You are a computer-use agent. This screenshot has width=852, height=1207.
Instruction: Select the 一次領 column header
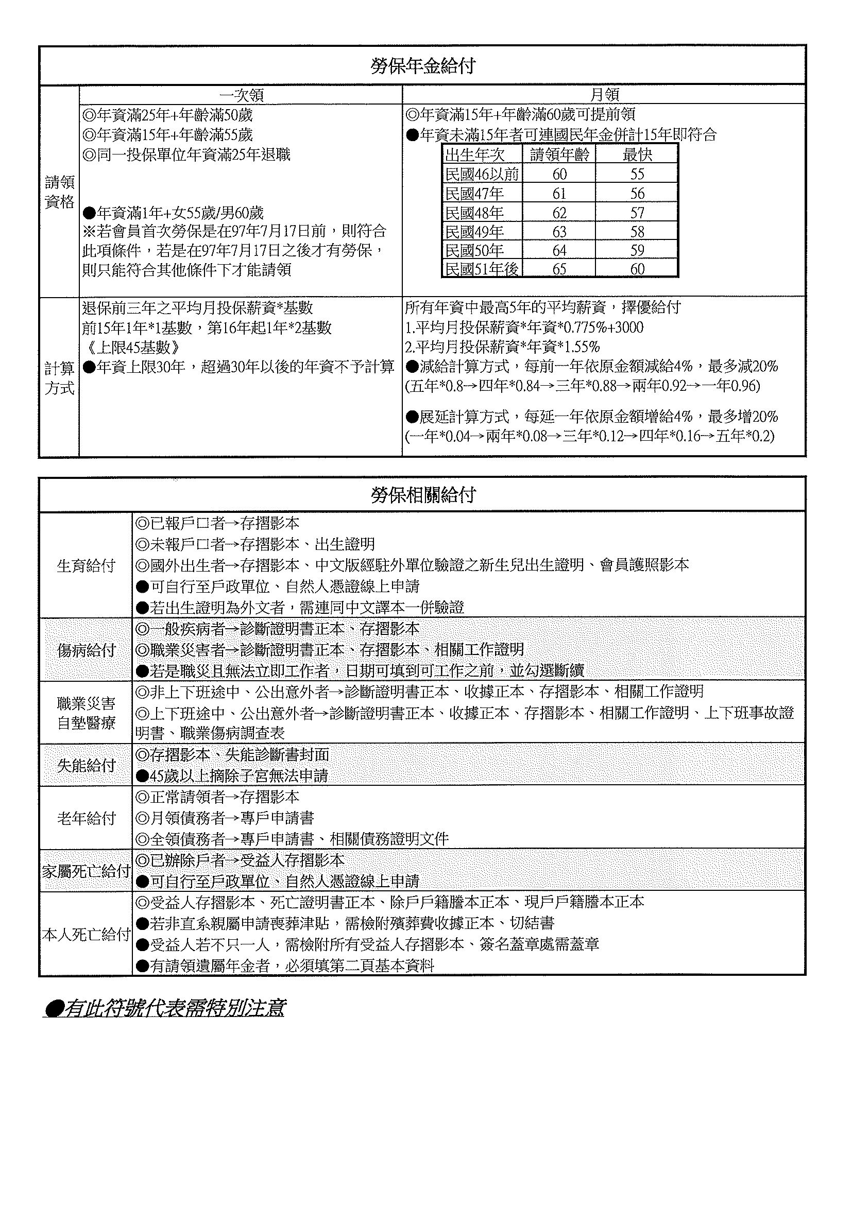(x=241, y=95)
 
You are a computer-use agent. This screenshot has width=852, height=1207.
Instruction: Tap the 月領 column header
(x=604, y=95)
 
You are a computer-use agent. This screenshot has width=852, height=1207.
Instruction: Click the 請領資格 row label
(x=59, y=192)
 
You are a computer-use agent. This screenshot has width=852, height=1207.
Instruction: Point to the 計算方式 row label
(x=59, y=378)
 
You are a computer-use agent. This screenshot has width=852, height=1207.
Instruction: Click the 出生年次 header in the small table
(x=475, y=154)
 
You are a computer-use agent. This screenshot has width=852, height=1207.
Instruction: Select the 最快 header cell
(x=637, y=154)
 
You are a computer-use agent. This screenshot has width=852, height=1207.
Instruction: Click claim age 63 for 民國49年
(x=559, y=232)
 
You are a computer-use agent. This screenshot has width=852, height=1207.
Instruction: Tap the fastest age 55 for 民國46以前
(x=637, y=174)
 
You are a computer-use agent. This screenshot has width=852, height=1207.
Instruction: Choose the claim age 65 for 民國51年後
(x=559, y=269)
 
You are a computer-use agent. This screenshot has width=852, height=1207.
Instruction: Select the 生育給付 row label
(x=86, y=565)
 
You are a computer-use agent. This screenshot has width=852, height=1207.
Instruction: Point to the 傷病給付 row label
(x=86, y=650)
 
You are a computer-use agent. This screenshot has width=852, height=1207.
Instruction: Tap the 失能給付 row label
(x=86, y=765)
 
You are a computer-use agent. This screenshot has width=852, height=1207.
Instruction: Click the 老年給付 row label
(x=86, y=818)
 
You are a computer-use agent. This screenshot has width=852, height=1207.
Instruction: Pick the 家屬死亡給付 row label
(x=86, y=871)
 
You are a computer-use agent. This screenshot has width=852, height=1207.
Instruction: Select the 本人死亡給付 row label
(x=86, y=934)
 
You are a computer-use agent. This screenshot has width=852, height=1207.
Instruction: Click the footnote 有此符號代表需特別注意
(x=165, y=1008)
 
